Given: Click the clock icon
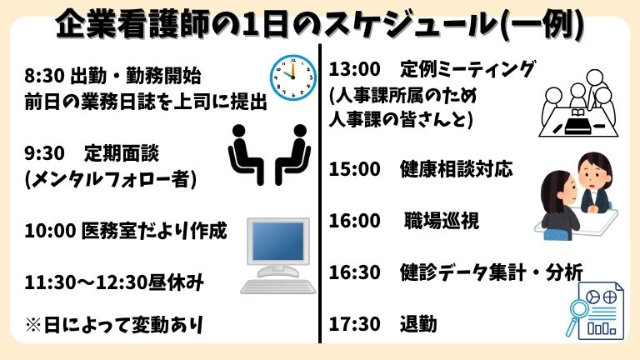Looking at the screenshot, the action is tap(293, 77).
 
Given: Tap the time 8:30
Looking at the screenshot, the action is tap(44, 76).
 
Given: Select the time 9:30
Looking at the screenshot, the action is tap(44, 153).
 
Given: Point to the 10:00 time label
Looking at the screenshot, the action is tap(50, 231).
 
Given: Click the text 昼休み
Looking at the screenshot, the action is tap(176, 282).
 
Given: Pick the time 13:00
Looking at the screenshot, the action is tap(355, 69).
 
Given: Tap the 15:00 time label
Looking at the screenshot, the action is tap(355, 169).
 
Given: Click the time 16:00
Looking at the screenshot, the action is tap(355, 221).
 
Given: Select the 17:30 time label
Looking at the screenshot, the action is tap(355, 324).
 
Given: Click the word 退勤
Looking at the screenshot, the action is tap(418, 324).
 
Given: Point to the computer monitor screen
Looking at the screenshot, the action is tap(278, 241).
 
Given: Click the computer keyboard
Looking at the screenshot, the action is tap(278, 287).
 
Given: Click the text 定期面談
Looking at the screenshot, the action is tap(122, 153).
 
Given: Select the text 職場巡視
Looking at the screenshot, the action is tap(442, 221).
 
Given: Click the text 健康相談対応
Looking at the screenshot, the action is tap(457, 169).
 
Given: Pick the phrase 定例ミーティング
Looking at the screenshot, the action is tap(467, 69).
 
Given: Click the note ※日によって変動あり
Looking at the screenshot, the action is tap(114, 325).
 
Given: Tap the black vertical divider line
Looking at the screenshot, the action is tap(320, 193).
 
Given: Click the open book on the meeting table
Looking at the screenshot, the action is tap(577, 112).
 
